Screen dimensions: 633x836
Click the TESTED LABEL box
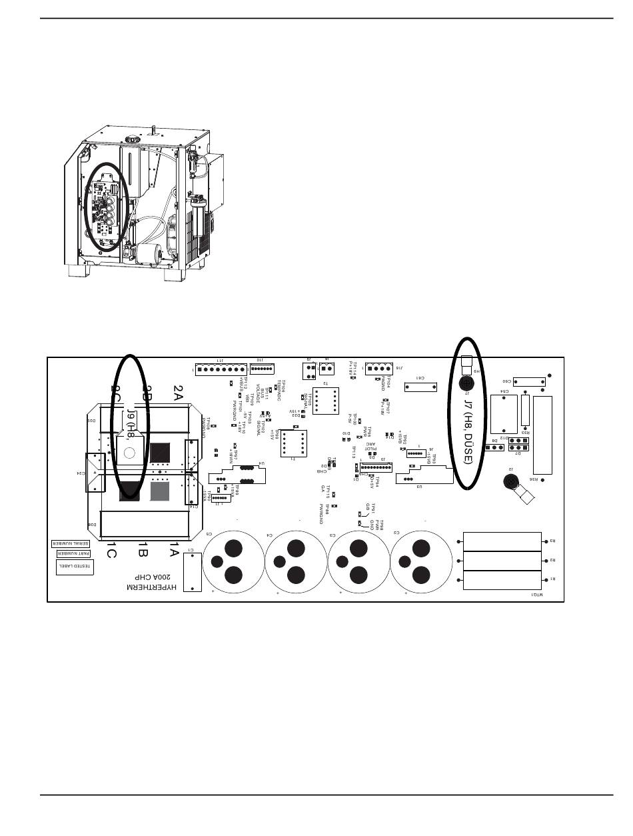click(75, 567)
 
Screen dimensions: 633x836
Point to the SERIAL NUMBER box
click(71, 543)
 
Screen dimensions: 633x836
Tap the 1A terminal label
click(174, 550)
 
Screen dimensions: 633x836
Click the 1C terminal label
click(112, 551)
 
